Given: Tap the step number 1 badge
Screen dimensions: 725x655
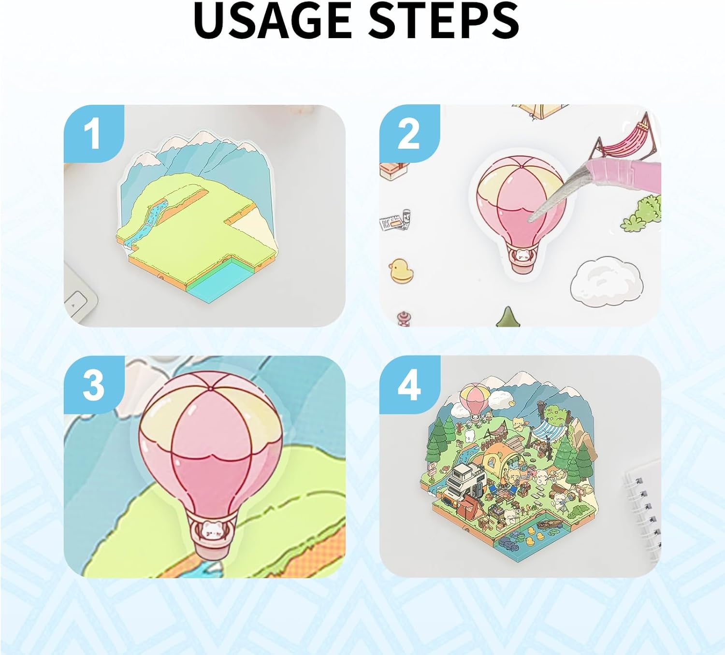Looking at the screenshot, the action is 94,134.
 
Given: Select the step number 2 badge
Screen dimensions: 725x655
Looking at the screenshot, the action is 409,134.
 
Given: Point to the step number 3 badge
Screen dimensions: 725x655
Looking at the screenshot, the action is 94,385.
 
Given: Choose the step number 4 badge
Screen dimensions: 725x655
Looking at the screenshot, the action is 409,385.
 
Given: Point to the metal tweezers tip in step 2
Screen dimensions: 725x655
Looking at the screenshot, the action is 531,220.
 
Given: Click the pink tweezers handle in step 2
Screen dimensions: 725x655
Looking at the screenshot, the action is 623,173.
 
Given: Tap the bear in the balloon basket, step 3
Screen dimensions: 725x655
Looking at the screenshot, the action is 211,530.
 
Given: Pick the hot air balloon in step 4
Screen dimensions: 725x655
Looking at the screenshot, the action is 474,402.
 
